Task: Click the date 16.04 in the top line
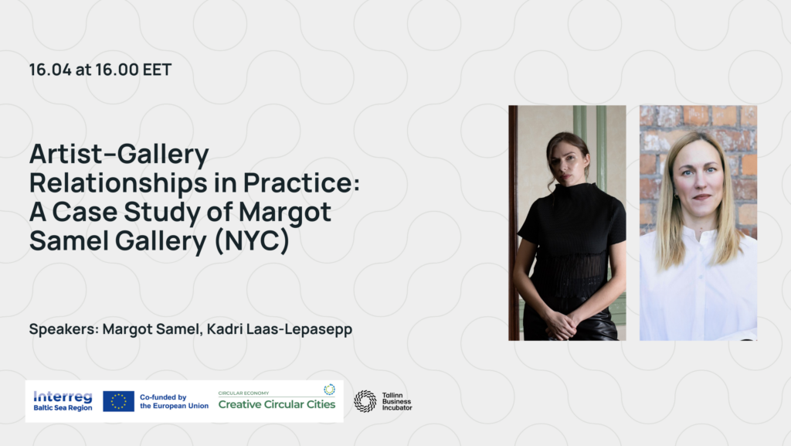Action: tap(50, 70)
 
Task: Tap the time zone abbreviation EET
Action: tap(157, 70)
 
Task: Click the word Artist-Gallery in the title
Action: tap(119, 155)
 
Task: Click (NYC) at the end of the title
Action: tap(252, 240)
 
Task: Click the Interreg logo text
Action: tap(63, 397)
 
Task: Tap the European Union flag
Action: tap(118, 401)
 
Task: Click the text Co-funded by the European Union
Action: tap(174, 402)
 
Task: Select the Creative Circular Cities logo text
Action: tap(277, 404)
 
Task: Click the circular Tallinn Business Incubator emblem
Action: tap(365, 402)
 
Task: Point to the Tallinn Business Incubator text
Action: tap(396, 402)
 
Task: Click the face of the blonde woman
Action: tap(701, 175)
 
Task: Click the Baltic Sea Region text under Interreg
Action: tap(63, 408)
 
